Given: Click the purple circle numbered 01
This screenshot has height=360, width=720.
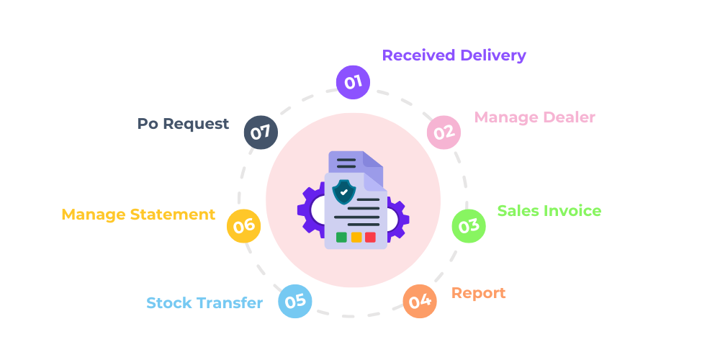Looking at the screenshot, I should (353, 82).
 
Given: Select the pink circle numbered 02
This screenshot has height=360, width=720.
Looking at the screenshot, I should (444, 132).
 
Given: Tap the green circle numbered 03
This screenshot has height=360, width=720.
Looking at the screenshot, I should (469, 226).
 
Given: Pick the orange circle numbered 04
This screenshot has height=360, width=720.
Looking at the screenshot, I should (420, 302).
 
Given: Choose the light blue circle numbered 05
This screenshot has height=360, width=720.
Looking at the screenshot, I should (295, 302).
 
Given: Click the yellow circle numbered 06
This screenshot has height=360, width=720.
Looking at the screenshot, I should (243, 226).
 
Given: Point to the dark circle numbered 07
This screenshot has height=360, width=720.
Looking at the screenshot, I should (261, 132).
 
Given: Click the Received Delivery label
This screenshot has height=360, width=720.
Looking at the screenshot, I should (454, 55).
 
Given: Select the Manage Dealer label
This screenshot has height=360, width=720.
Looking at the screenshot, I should (534, 117).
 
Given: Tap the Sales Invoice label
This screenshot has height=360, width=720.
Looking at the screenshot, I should (549, 210).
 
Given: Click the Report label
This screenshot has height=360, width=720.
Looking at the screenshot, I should (478, 293).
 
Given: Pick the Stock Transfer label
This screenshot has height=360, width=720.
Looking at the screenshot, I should (204, 302).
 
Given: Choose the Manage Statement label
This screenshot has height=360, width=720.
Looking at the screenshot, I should (138, 215).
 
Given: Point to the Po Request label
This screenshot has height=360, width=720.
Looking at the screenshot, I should (183, 124).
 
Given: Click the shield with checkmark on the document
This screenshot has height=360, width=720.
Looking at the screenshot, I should (344, 192).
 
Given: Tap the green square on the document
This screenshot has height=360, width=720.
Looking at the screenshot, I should (341, 237).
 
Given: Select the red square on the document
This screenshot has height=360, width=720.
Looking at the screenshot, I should (370, 237).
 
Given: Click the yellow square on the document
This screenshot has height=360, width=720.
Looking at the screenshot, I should (356, 237).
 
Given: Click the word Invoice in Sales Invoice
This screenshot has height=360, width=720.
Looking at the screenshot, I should (573, 210).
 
